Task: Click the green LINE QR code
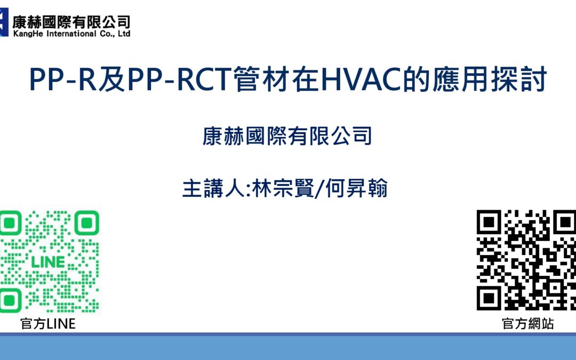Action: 49,262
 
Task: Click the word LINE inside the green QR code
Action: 49,262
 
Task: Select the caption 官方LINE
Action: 48,324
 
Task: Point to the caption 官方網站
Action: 527,324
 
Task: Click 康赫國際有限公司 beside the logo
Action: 71,21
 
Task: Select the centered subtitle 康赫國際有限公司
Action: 287,137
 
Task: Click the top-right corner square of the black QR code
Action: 564,222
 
